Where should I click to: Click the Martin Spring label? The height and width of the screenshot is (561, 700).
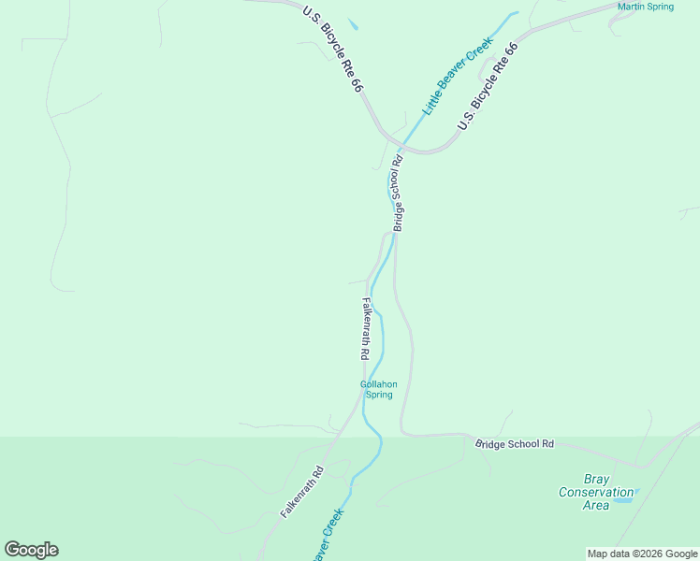645,7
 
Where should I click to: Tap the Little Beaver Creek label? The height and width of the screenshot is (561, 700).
458,77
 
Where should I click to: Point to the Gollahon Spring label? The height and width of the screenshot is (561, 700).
378,389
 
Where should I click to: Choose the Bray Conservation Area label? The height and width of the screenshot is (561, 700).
596,492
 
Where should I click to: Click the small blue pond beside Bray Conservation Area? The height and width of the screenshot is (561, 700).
624,499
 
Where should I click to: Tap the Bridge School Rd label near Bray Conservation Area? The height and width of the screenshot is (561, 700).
515,444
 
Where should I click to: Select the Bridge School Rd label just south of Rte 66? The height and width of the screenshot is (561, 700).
398,194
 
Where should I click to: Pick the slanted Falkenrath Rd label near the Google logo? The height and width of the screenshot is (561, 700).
301,492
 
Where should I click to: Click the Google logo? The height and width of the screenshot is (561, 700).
31,550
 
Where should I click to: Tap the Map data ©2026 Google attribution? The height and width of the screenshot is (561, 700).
643,554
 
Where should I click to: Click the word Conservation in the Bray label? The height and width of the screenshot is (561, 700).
596,492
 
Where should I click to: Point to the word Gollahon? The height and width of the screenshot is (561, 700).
378,383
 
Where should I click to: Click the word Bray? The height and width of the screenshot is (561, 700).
596,479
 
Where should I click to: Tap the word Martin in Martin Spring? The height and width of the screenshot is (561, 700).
632,7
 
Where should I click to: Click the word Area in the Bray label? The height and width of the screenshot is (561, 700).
596,505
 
